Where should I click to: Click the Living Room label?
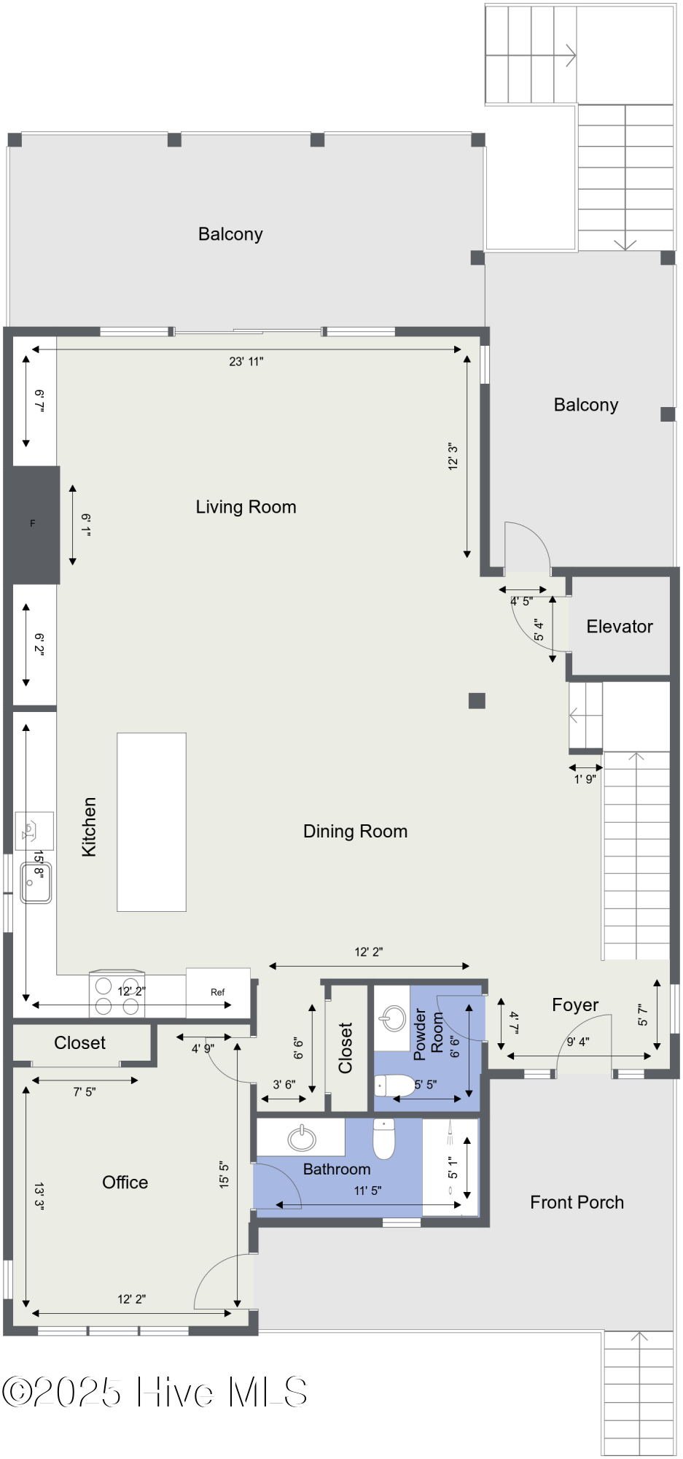(246, 507)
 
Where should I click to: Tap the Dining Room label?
(355, 831)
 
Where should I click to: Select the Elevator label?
(620, 626)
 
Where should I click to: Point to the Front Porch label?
(577, 1202)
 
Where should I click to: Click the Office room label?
(125, 1183)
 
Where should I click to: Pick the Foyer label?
(575, 1005)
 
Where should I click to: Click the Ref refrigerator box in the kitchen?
(218, 992)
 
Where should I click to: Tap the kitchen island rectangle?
(152, 822)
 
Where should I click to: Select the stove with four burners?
(117, 994)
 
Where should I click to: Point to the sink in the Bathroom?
(302, 1137)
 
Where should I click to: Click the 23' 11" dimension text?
(246, 361)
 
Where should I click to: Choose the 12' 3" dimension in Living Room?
(453, 456)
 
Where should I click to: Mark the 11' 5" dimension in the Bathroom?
(368, 1191)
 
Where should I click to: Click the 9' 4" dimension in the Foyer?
(578, 1042)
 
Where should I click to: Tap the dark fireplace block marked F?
(31, 525)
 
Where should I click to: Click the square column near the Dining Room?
(477, 700)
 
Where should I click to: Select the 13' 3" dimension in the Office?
(39, 1196)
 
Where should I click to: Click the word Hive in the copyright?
(176, 1392)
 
